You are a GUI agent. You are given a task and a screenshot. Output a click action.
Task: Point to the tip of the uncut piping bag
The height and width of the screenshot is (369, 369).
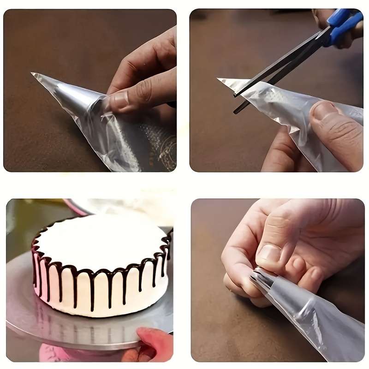[x=33, y=74]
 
